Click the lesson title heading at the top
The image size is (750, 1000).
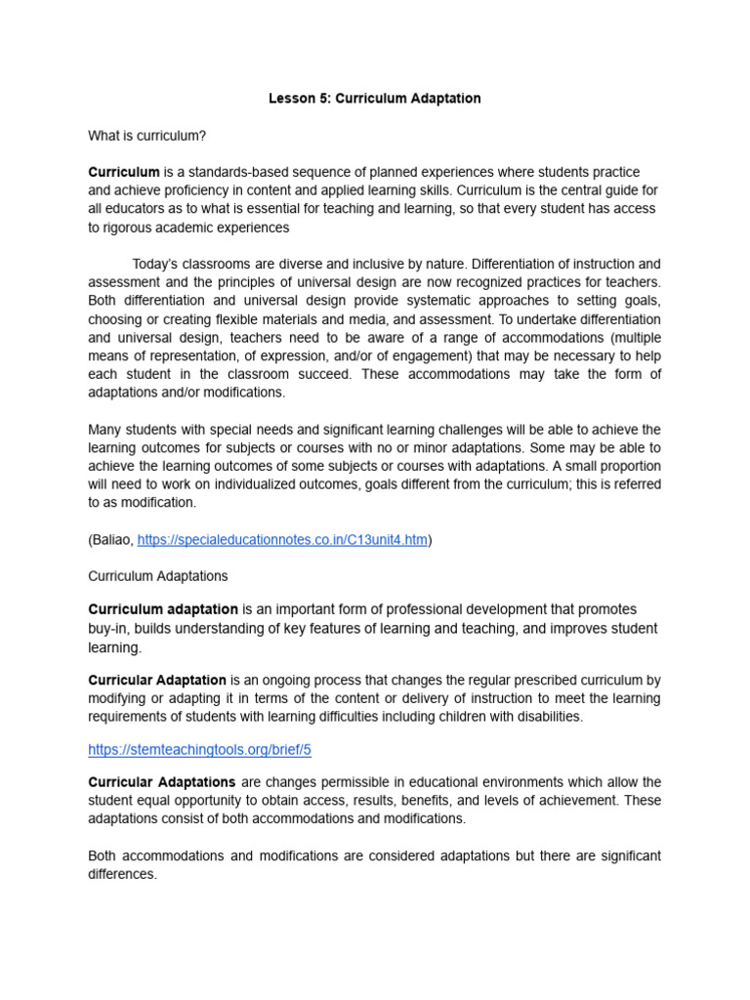tap(375, 100)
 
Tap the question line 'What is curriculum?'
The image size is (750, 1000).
tap(146, 136)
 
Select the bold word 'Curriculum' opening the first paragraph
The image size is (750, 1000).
tap(124, 172)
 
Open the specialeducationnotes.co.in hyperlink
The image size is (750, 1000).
tap(282, 540)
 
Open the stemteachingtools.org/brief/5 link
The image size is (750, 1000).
tap(199, 750)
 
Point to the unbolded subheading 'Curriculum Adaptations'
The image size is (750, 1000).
tap(157, 576)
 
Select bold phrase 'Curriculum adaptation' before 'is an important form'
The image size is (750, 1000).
tap(163, 608)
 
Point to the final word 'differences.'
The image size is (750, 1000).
tap(122, 874)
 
